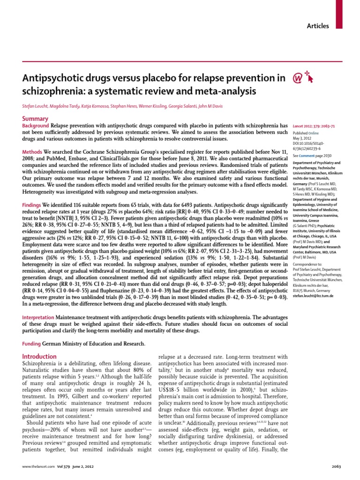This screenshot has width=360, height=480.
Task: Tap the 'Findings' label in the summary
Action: (32, 205)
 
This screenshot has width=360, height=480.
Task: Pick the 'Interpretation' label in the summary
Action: (38, 317)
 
